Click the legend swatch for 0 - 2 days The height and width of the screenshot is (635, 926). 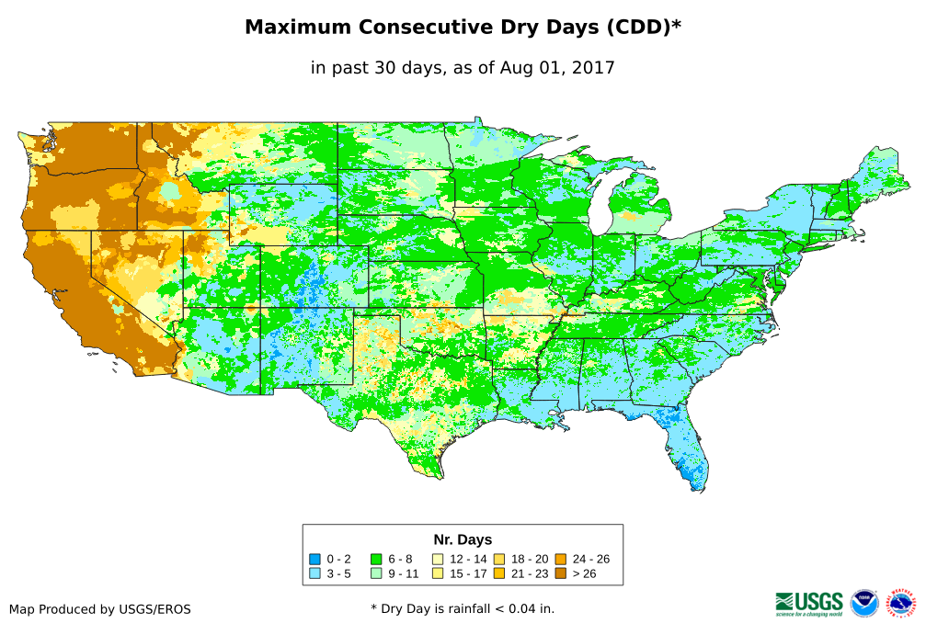pyautogui.click(x=314, y=559)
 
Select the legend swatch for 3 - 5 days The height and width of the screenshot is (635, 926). pyautogui.click(x=314, y=573)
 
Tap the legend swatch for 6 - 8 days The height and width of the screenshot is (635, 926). pyautogui.click(x=376, y=559)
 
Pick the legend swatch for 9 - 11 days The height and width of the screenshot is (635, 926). pyautogui.click(x=376, y=573)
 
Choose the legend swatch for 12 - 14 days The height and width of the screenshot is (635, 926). pyautogui.click(x=438, y=559)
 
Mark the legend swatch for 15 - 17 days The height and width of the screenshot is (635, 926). pyautogui.click(x=438, y=573)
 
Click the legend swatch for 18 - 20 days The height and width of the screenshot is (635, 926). pyautogui.click(x=499, y=559)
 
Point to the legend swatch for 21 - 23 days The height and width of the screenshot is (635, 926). pyautogui.click(x=499, y=573)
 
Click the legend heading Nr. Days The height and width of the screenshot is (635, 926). pyautogui.click(x=463, y=539)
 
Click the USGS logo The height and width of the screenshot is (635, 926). pyautogui.click(x=809, y=603)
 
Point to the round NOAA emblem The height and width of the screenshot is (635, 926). pyautogui.click(x=864, y=603)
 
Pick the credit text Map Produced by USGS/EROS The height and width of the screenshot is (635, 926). pyautogui.click(x=100, y=609)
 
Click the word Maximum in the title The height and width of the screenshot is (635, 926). pyautogui.click(x=299, y=28)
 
